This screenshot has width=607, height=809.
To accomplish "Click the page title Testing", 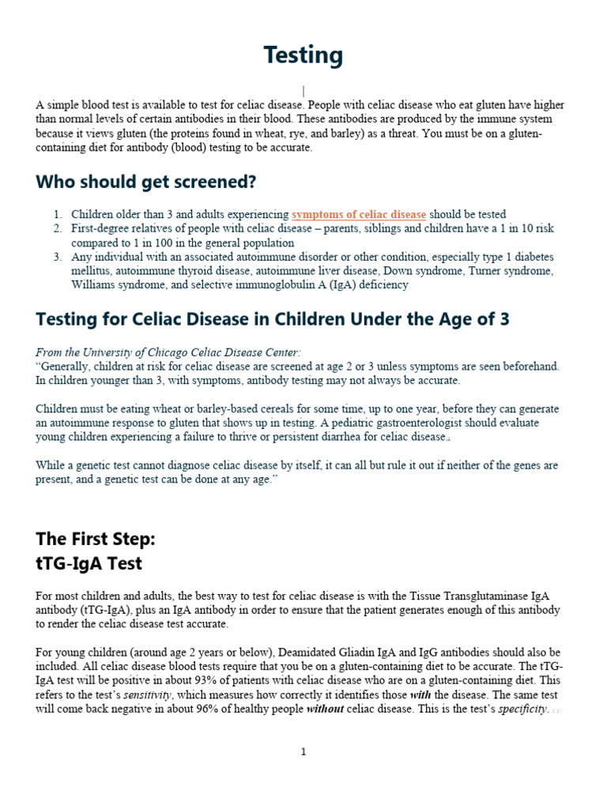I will point(303,55).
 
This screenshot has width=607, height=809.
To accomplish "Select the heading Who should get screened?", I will point(146,182).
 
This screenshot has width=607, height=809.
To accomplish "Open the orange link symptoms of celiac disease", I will point(359,215).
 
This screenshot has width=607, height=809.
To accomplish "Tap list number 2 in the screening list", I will point(58,229).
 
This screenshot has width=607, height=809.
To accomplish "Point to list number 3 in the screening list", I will point(58,258).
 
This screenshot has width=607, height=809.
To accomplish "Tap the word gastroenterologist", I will point(462,423).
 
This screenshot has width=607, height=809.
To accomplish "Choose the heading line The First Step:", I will point(96,539).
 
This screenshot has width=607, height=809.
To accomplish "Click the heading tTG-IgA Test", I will point(89,564).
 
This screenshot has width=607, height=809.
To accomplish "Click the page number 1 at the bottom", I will point(303,752).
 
